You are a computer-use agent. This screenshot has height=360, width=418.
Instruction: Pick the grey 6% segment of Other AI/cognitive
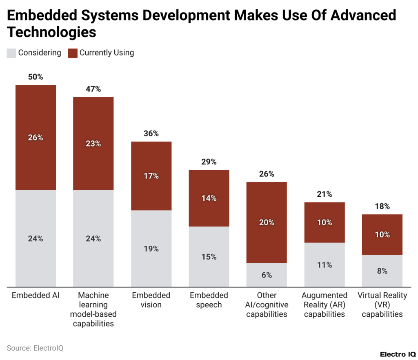coord(267,275)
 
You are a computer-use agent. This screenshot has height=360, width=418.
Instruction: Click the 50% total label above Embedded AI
coord(36,77)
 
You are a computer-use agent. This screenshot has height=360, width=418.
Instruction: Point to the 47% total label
coord(93,89)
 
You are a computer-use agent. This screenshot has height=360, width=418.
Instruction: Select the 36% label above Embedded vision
coord(151,133)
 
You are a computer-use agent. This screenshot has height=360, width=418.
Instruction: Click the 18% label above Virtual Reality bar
coord(382,206)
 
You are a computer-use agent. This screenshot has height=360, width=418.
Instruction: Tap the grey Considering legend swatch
coord(11,53)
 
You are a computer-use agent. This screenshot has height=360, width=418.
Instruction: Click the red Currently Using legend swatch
coord(73,53)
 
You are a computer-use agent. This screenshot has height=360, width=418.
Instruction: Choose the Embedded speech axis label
coord(209,300)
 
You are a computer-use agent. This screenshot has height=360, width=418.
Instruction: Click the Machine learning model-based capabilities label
coord(93,309)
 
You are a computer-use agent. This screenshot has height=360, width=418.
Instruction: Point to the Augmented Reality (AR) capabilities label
coord(325,304)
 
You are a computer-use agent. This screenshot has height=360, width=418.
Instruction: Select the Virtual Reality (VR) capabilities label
coord(382,304)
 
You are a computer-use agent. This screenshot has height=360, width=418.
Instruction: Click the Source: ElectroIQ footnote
coord(35,348)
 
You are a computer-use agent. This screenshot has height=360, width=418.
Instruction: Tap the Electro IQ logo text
coord(398,354)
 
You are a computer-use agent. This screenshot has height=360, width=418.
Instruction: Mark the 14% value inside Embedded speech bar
coord(209,198)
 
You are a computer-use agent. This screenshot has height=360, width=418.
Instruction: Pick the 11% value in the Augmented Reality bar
coord(325,265)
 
